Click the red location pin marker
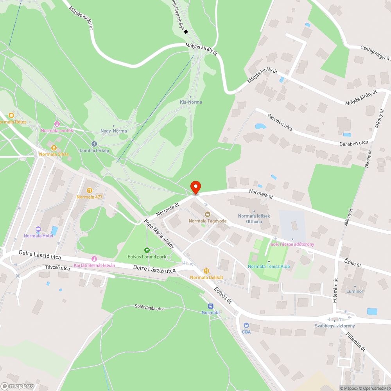[x=195, y=187]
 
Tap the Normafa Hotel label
[x=38, y=235]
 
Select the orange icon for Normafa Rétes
[x=11, y=115]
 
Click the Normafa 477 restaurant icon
[x=90, y=190]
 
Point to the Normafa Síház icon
[x=54, y=148]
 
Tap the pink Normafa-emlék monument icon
[x=57, y=124]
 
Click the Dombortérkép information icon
[x=93, y=144]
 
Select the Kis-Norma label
[x=191, y=102]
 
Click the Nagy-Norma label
[x=113, y=131]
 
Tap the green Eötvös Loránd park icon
[x=147, y=250]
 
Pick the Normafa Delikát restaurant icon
[x=206, y=271]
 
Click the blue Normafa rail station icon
[x=211, y=306]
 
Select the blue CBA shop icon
[x=246, y=325]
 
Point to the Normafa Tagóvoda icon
[x=207, y=214]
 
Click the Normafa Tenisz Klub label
[x=269, y=267]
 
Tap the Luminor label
[x=355, y=291]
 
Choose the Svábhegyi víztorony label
[x=335, y=326]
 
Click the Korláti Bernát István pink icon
[x=94, y=259]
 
